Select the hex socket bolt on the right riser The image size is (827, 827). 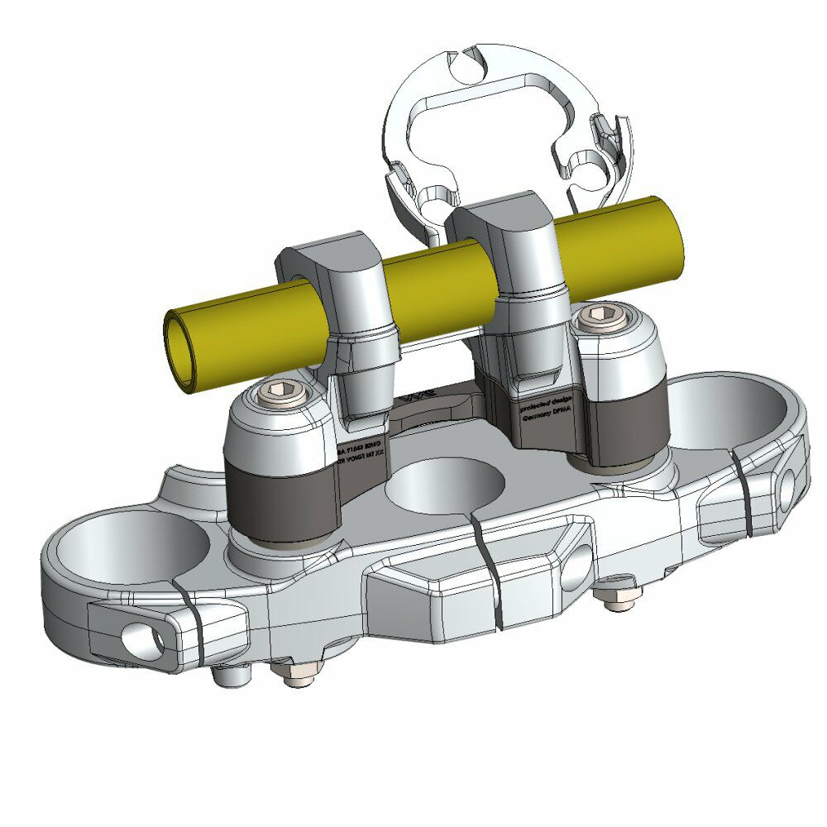(x=601, y=315)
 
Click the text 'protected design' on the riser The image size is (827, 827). (x=541, y=408)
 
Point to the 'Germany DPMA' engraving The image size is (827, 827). (x=546, y=419)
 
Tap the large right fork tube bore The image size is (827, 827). (x=728, y=413)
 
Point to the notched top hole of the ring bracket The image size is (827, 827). (x=469, y=69)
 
